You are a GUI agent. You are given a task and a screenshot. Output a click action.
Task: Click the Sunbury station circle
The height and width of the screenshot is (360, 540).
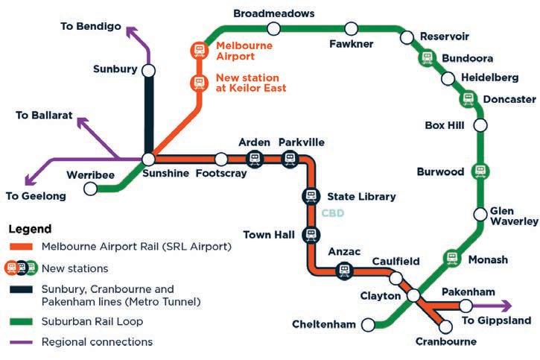pos(149,70)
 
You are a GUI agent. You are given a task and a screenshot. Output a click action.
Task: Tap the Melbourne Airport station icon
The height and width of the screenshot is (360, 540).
pos(199,50)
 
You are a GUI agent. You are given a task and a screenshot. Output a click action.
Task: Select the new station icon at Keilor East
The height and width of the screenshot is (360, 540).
pos(199,82)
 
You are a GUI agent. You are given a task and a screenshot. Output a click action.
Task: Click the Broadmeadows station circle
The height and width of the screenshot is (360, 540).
pos(273,28)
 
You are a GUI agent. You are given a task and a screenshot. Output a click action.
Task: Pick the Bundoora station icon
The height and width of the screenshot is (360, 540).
pos(427,57)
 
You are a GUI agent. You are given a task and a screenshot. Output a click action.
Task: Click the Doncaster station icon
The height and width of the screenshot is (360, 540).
pos(467,98)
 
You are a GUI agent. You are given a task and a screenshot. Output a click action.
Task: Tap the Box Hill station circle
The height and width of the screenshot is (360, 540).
pos(480,125)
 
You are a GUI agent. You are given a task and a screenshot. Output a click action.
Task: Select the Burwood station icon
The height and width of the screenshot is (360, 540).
pos(480,171)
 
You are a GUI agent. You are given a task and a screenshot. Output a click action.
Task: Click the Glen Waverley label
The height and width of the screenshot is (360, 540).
pos(514,216)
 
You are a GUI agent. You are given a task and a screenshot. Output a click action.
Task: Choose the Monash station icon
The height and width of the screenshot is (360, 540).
pos(451,258)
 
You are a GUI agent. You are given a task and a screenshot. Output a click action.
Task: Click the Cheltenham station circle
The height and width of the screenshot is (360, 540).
pos(368,324)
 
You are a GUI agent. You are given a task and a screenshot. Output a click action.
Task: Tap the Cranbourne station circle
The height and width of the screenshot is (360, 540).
pos(446,326)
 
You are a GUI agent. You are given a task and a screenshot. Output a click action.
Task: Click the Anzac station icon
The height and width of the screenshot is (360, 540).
pos(344,271)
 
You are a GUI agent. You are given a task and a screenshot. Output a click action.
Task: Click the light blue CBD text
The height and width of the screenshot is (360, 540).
pos(333,213)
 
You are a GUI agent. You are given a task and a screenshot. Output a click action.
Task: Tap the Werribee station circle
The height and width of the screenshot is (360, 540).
pos(91,189)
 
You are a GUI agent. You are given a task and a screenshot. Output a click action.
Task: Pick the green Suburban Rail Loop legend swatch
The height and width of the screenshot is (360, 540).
pos(21,321)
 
